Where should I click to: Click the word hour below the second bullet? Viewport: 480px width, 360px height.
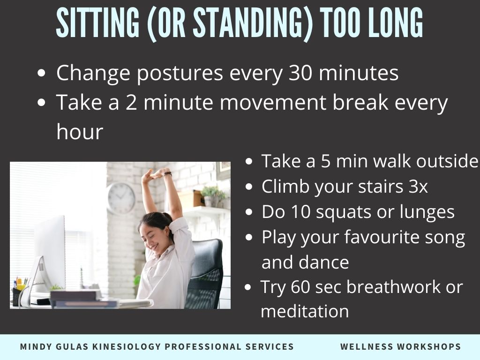[x=80, y=132]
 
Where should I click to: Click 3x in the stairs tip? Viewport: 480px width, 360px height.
[x=418, y=187]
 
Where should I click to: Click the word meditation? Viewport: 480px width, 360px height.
[x=305, y=311]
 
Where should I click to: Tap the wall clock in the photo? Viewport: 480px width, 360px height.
[x=121, y=198]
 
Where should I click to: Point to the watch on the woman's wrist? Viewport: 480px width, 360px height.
[x=167, y=174]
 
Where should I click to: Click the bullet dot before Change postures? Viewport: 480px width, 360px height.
[x=41, y=74]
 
